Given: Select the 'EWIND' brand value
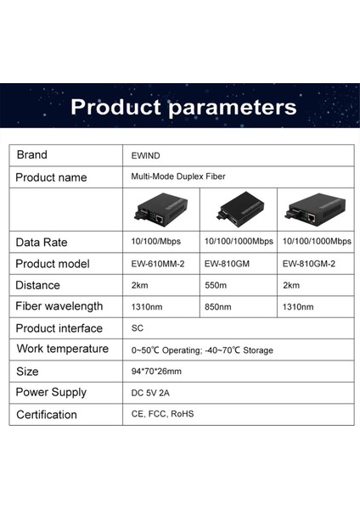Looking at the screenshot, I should (x=145, y=156).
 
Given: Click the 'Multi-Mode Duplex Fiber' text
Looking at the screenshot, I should (x=178, y=177).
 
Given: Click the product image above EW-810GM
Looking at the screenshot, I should (x=239, y=210).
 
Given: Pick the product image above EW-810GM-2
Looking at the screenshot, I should (x=318, y=210).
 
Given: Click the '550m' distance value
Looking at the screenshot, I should (x=217, y=285).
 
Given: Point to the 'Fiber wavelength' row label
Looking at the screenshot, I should (x=59, y=306).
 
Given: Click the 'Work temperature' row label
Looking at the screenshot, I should (x=62, y=349).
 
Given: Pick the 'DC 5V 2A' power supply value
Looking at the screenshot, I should (x=151, y=393).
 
